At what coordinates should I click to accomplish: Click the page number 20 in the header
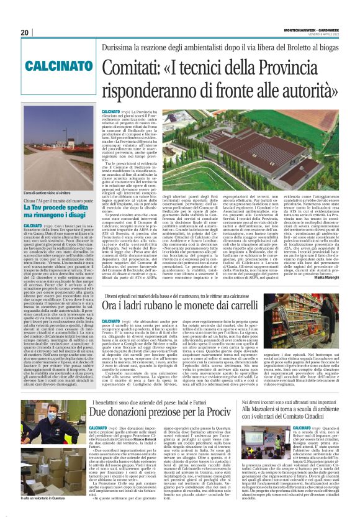[x=25, y=32]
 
